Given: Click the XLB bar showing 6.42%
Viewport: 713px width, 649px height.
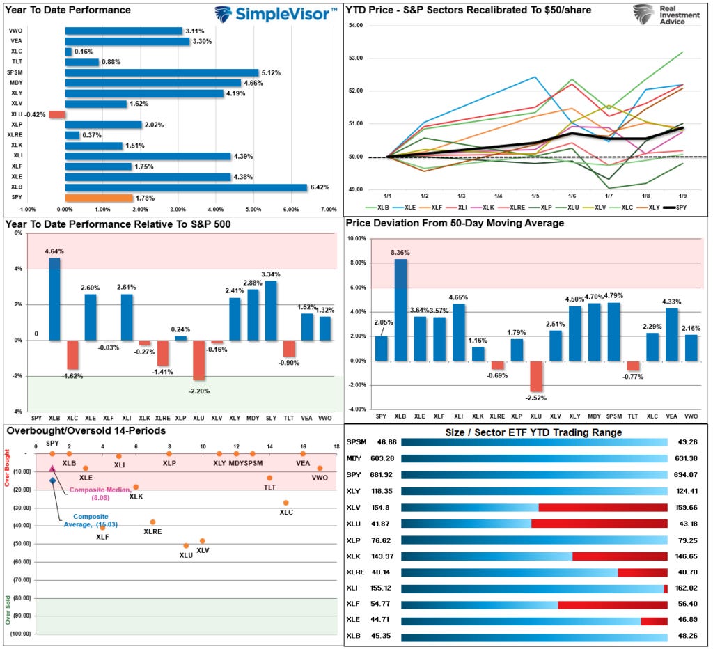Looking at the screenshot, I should click(x=186, y=187).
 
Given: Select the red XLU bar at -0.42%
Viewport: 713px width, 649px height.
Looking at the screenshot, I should click(x=56, y=114).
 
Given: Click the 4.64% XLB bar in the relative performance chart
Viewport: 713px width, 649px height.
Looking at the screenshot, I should click(x=55, y=299).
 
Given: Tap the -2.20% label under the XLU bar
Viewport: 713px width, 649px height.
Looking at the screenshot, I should click(x=199, y=391).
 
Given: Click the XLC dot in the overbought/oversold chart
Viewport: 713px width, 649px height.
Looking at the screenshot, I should click(x=285, y=503).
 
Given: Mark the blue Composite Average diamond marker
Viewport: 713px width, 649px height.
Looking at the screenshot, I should click(x=52, y=480).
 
